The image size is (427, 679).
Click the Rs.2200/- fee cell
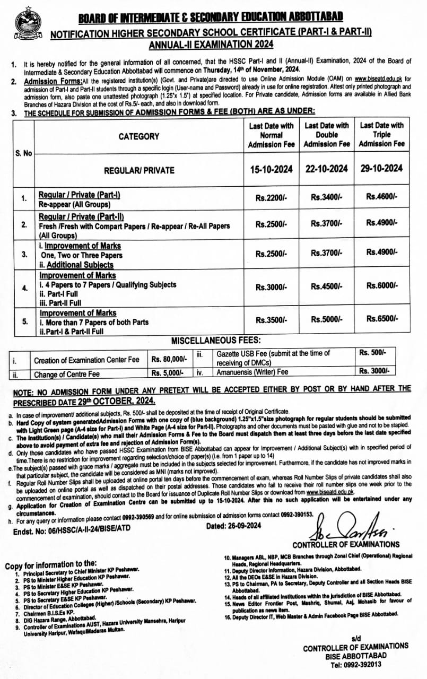(x=271, y=198)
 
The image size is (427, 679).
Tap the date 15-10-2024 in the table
(x=271, y=169)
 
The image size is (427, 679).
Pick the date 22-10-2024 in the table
(x=327, y=169)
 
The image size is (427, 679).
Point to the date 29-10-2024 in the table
(x=381, y=169)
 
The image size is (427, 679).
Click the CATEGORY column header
(x=138, y=136)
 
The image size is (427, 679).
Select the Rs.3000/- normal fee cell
(x=271, y=286)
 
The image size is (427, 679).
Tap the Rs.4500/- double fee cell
(x=327, y=286)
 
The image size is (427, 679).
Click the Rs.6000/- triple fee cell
(x=381, y=285)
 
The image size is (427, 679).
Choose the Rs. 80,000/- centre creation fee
(x=169, y=359)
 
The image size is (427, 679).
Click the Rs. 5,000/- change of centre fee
(x=167, y=373)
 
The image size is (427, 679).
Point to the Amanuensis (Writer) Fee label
(x=252, y=372)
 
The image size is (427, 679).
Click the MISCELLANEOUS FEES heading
(x=216, y=340)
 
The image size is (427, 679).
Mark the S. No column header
(x=23, y=153)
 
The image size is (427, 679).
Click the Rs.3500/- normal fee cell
(x=271, y=320)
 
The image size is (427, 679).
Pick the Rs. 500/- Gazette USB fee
(x=373, y=352)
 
